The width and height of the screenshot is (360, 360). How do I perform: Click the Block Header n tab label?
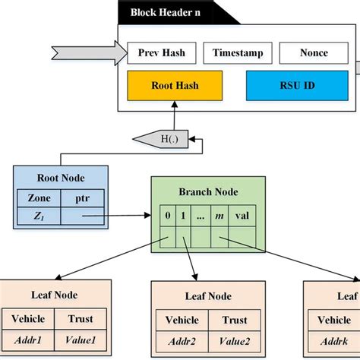165,12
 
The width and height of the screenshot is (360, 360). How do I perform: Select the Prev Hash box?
161,53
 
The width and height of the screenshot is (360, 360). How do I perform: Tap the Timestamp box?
237,53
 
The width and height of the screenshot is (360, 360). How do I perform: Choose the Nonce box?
314,53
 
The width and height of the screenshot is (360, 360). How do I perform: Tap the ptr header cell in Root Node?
81,198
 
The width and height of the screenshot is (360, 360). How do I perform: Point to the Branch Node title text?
208,192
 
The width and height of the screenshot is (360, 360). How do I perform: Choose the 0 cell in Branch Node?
168,217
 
